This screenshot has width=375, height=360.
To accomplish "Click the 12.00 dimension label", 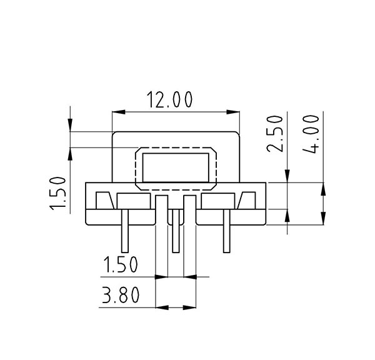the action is [x=169, y=99].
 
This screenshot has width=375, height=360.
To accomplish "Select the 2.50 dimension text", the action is [x=275, y=134].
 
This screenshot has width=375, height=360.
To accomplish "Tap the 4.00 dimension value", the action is [x=311, y=134].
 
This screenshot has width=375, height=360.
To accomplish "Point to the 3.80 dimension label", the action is [x=121, y=295].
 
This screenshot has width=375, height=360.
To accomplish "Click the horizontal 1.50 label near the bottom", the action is [x=121, y=264].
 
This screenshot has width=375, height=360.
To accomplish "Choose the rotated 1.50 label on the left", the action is [x=57, y=194].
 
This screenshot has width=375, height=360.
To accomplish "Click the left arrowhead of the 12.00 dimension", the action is [x=119, y=112].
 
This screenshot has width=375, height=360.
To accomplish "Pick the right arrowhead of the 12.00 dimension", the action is [x=233, y=112].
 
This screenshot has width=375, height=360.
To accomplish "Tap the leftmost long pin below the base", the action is [x=125, y=231].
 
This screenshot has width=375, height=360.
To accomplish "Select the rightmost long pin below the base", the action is [x=226, y=231].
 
